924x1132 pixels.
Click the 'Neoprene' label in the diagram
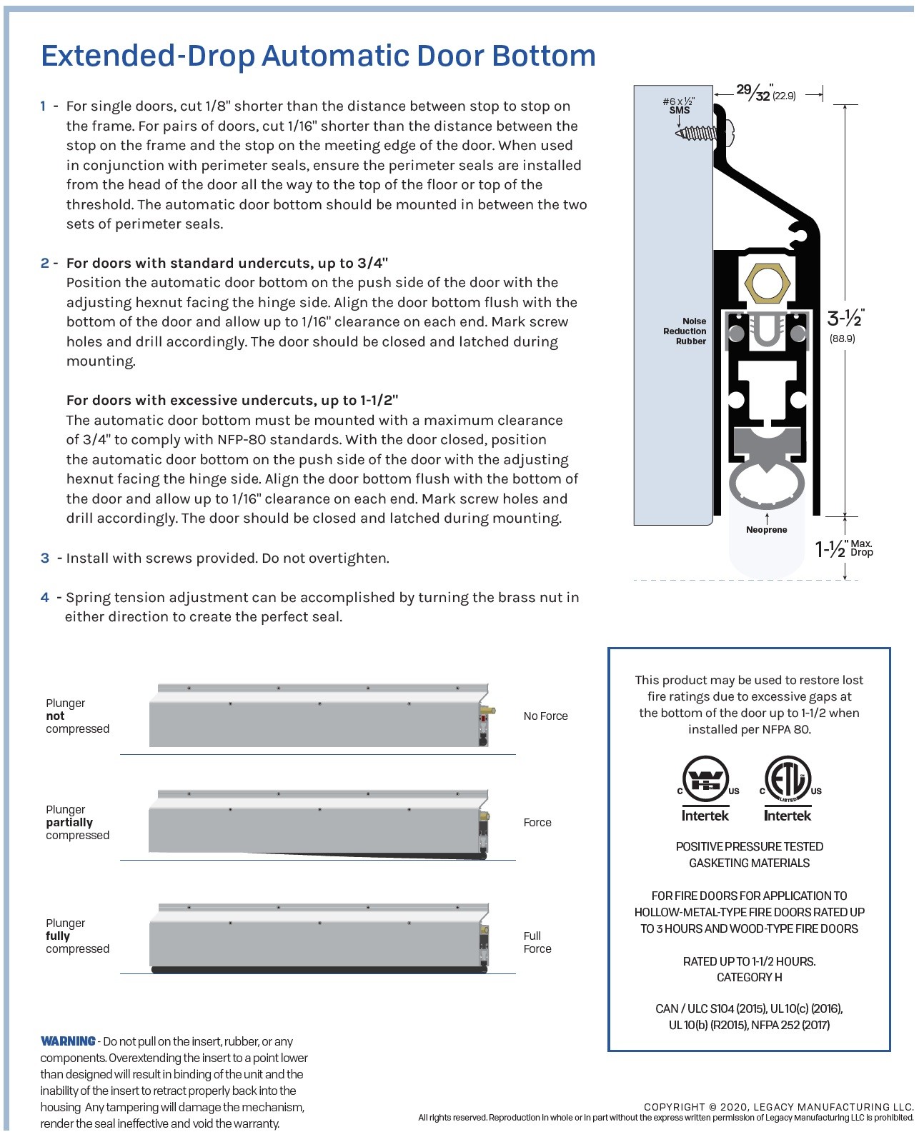tap(766, 530)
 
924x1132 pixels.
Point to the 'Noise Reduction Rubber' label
tap(685, 331)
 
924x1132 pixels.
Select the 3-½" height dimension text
tap(845, 319)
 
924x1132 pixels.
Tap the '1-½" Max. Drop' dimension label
tap(844, 549)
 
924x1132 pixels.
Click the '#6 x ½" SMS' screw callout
tap(679, 106)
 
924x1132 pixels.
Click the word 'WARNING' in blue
tap(68, 1041)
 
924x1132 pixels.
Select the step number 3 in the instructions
tap(45, 559)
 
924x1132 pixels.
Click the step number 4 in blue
tap(45, 598)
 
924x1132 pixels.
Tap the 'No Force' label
tap(545, 716)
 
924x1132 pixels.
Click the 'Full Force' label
tap(537, 942)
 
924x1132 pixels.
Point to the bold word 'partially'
tap(69, 823)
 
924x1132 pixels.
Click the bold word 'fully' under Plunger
tap(58, 936)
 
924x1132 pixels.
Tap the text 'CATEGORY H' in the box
tap(749, 978)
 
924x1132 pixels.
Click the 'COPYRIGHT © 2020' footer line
tap(778, 1107)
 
